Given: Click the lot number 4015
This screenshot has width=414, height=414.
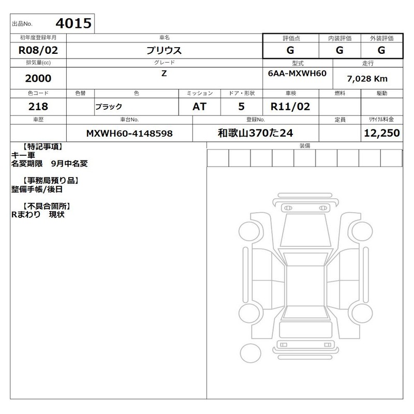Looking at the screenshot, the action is click(73, 23).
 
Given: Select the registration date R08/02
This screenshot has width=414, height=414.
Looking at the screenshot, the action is click(38, 50).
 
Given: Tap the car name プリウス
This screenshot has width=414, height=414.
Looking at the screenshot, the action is click(164, 50).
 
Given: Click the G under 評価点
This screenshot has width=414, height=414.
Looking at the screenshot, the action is click(290, 50).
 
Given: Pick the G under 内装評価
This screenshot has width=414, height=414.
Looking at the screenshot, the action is click(339, 50).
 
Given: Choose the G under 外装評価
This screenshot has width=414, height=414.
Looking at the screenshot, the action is click(381, 50).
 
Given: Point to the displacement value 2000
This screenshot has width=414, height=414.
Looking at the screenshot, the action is click(38, 79).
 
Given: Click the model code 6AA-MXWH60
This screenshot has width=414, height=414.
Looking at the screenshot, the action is click(297, 73).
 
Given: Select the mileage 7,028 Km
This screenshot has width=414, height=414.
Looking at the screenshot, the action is click(367, 79).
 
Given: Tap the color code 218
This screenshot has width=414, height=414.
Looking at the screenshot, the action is click(38, 107).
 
